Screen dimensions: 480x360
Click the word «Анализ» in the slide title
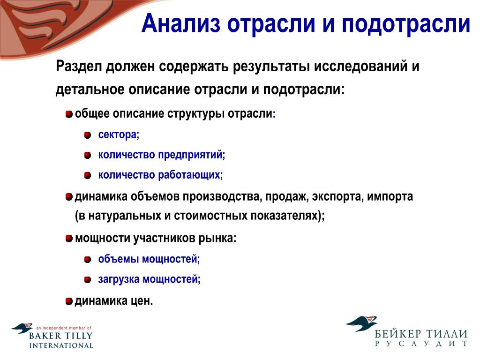[x=181, y=23]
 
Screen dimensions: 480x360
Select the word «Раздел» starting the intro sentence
[x=78, y=67]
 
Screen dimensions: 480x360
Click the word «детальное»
[x=90, y=90]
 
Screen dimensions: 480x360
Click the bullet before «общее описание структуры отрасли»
[x=69, y=114]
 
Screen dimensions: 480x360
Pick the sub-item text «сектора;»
[x=119, y=135]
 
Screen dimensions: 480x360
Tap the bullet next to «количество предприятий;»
[x=88, y=155]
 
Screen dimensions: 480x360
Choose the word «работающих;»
[x=191, y=175]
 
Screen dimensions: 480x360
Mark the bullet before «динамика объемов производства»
[x=69, y=196]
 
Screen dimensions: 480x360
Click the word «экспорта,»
[x=337, y=196]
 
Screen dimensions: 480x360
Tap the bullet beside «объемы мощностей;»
[x=88, y=260]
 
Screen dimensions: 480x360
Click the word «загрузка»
[x=119, y=279]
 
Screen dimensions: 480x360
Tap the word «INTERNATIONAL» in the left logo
[x=61, y=345]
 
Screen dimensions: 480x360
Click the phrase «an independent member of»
[x=63, y=328]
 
